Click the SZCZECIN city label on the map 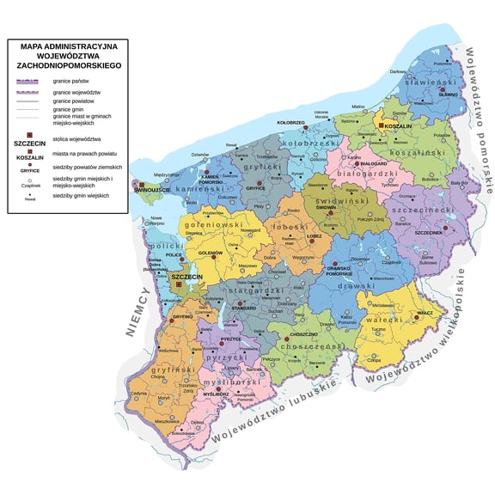pyautogui.click(x=186, y=277)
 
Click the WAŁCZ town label pyautogui.click(x=425, y=313)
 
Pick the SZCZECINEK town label pyautogui.click(x=428, y=233)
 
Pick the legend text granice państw pyautogui.click(x=71, y=81)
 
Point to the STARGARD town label pyautogui.click(x=244, y=307)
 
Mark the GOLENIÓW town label pyautogui.click(x=211, y=254)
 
